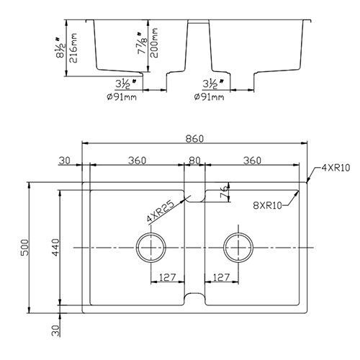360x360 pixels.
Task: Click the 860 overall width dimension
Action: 194,137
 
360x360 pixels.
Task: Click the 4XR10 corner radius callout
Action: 334,168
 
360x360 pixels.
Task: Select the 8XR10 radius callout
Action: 273,204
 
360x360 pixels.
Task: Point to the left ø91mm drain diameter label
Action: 120,96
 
